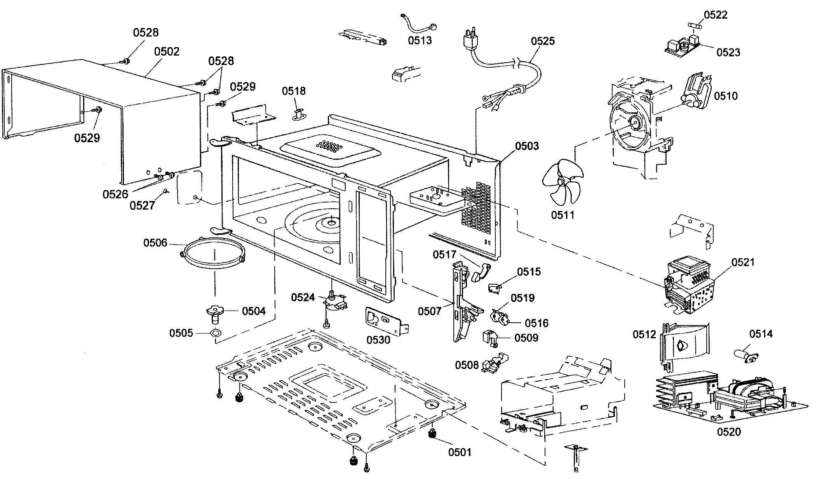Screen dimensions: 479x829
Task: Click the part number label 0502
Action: point(167,52)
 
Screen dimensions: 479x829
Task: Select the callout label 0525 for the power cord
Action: point(543,41)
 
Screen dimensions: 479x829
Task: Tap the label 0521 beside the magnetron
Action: point(743,262)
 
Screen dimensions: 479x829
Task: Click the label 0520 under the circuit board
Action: point(729,432)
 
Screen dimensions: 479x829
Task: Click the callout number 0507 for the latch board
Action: point(429,311)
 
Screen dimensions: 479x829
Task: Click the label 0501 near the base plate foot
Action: point(460,452)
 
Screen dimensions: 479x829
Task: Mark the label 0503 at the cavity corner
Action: point(527,146)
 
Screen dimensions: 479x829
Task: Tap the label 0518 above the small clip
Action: point(294,91)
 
